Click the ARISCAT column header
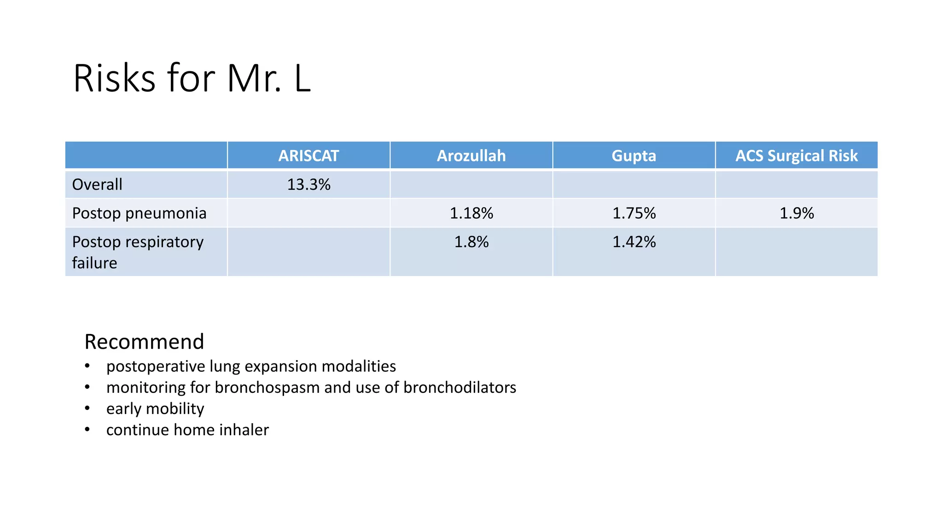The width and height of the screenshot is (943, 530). click(x=309, y=156)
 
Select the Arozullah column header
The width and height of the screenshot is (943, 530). click(x=471, y=156)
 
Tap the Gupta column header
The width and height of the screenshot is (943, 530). click(x=634, y=156)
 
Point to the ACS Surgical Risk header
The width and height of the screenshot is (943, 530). click(x=796, y=156)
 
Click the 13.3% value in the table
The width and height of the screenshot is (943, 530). click(x=309, y=184)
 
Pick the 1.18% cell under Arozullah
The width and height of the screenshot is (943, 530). click(x=471, y=213)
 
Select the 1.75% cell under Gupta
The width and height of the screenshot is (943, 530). click(x=634, y=213)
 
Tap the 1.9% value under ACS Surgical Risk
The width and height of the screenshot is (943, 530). click(x=797, y=213)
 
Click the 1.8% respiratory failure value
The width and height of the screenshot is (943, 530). click(x=471, y=242)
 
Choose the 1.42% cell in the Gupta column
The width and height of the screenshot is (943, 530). click(x=634, y=242)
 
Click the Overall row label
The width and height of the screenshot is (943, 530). click(x=97, y=184)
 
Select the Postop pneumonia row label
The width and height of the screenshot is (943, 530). click(x=139, y=213)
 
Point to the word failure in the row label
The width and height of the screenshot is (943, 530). click(x=94, y=263)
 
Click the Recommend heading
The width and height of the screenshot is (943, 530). click(x=144, y=342)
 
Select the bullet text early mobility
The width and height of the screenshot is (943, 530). click(x=155, y=409)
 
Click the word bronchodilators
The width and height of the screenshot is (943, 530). click(x=460, y=387)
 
